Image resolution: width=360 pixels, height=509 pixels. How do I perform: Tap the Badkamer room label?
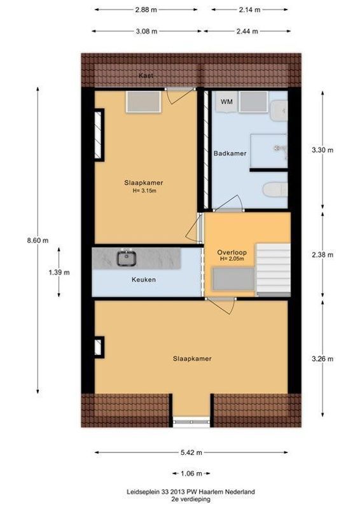tap(230, 153)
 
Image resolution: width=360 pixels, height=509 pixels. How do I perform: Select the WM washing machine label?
tap(226, 102)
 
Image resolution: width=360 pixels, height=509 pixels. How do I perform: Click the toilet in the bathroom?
tap(274, 190)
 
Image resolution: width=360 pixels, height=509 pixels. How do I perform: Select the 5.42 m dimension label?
tap(191, 452)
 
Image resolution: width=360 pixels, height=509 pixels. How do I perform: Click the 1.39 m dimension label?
tap(59, 272)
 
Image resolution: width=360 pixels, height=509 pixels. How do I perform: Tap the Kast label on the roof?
tap(146, 76)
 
